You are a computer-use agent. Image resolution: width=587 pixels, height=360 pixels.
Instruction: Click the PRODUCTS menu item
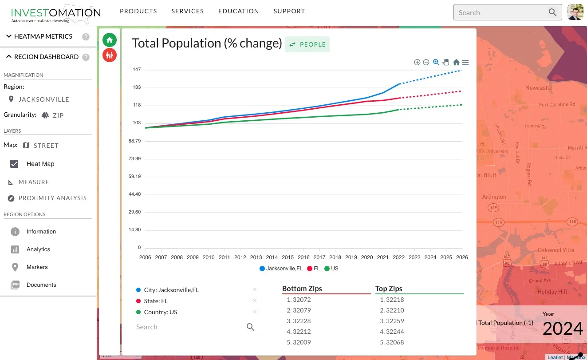pos(138,11)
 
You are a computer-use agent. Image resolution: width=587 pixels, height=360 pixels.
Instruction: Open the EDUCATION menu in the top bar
pos(238,11)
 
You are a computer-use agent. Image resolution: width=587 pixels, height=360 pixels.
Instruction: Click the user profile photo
pos(575,12)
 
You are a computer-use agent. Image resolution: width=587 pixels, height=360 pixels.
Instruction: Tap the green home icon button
pos(110,40)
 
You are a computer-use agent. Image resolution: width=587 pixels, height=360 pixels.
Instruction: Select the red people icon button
pos(110,55)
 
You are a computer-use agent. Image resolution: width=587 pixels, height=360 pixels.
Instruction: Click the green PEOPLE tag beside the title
pos(307,44)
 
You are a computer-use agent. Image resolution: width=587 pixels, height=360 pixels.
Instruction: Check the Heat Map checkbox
pos(14,164)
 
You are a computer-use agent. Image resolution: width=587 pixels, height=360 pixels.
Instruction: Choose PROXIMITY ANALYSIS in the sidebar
pos(52,198)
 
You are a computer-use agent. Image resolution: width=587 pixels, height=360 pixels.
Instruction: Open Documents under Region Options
pos(41,285)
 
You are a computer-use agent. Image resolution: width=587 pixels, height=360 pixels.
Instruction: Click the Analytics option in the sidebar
pos(38,249)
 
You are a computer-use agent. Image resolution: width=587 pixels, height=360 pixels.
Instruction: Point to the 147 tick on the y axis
pos(137,70)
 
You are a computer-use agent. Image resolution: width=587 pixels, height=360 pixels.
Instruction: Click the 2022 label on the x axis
pos(398,257)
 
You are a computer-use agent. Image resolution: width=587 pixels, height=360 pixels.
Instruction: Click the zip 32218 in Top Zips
pos(394,300)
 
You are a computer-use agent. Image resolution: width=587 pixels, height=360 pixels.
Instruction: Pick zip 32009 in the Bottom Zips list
pos(302,342)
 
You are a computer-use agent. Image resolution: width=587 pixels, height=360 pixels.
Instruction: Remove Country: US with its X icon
pos(255,312)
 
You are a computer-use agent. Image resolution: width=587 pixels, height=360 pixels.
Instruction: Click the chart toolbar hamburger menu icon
pos(465,63)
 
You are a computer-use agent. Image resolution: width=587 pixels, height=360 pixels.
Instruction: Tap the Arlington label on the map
pos(494,197)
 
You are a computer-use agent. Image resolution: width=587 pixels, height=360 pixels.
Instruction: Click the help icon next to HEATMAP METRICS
pos(86,37)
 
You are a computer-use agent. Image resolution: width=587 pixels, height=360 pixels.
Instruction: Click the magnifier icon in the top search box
pos(552,12)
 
